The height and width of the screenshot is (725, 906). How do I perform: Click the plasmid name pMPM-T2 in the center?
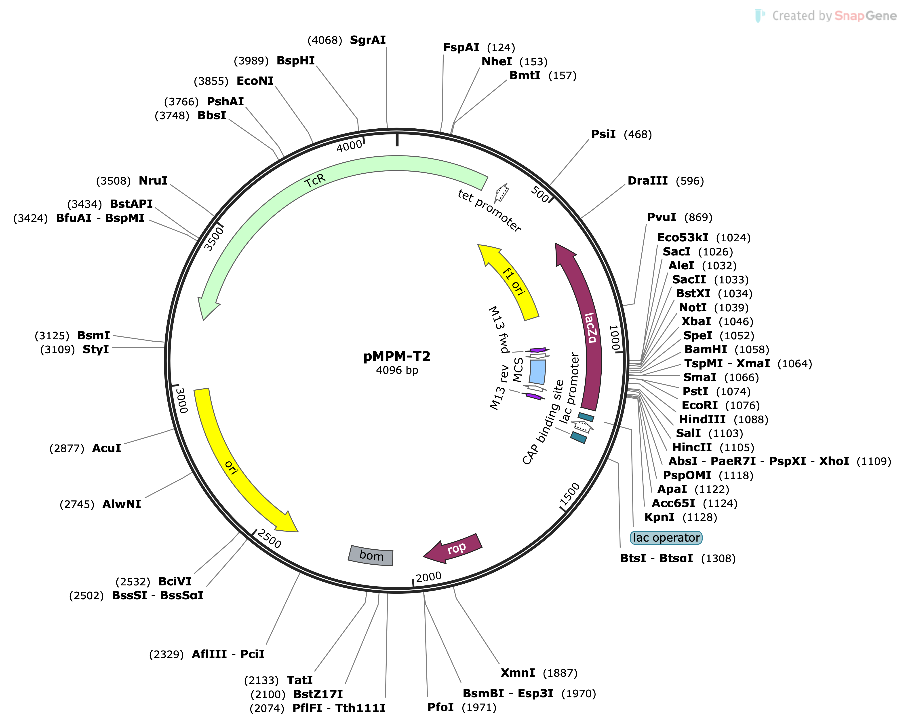click(x=397, y=356)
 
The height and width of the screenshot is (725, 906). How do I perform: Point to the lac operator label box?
click(x=666, y=538)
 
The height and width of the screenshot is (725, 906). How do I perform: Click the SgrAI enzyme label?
click(x=368, y=40)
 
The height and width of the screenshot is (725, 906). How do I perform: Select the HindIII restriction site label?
click(x=702, y=419)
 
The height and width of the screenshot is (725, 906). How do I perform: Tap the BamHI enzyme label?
click(x=706, y=349)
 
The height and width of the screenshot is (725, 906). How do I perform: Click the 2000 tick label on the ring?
click(x=429, y=576)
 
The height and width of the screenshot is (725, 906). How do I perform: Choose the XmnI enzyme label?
click(x=518, y=673)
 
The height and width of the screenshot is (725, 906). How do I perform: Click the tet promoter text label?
click(x=490, y=210)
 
